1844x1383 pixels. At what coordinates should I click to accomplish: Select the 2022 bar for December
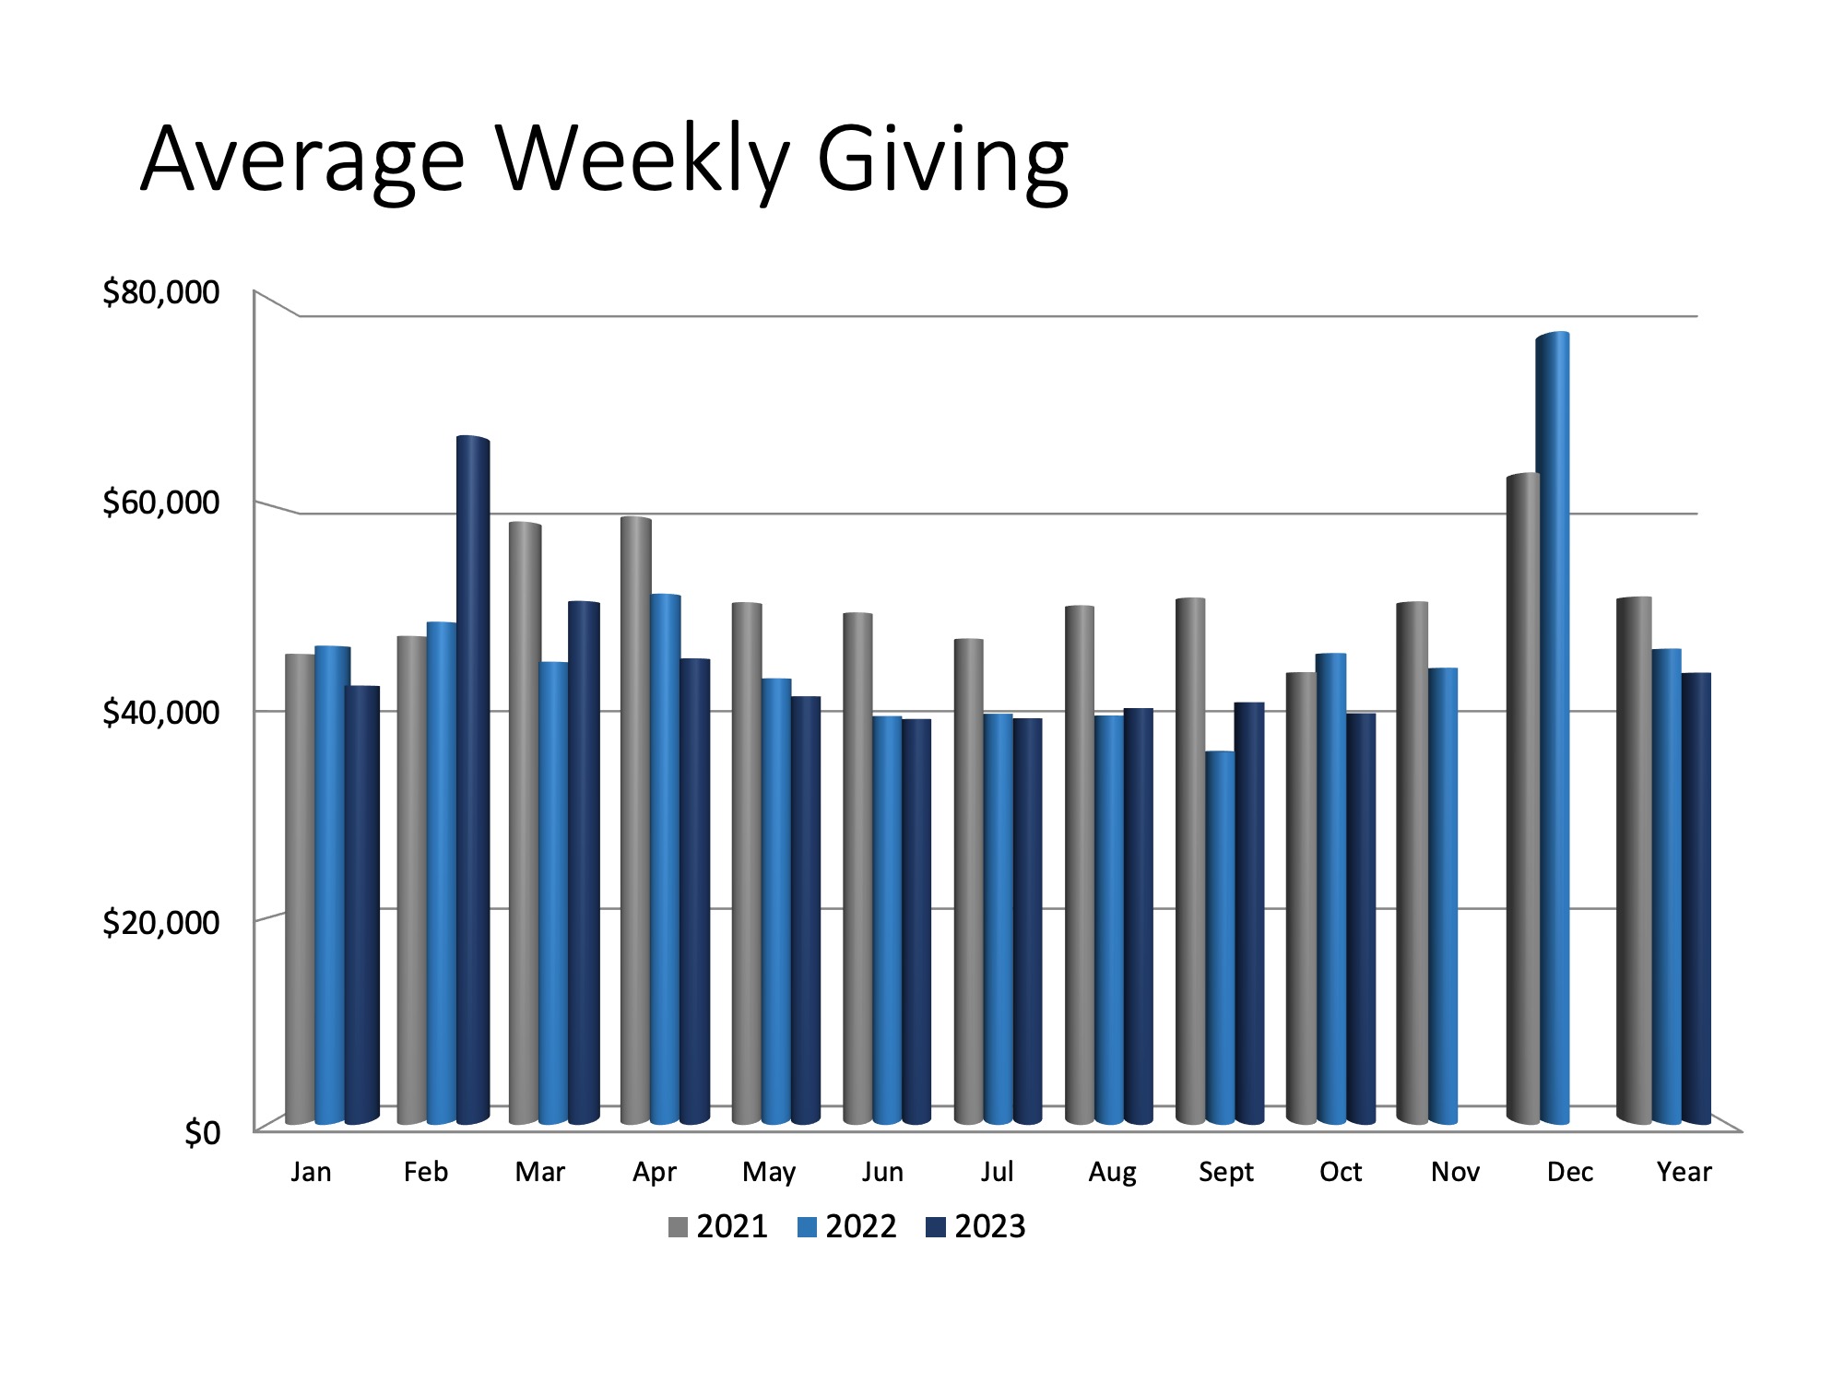pyautogui.click(x=1554, y=728)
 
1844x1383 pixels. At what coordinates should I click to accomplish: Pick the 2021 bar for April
pyautogui.click(x=635, y=821)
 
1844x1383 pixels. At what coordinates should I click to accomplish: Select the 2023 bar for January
pyautogui.click(x=362, y=904)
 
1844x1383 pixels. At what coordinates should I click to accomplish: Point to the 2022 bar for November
pyautogui.click(x=1443, y=894)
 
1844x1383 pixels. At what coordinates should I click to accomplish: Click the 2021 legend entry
pyautogui.click(x=719, y=1227)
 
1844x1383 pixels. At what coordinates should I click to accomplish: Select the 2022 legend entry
pyautogui.click(x=848, y=1227)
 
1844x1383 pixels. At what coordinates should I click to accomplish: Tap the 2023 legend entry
pyautogui.click(x=977, y=1227)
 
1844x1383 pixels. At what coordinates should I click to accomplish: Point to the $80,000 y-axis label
pyautogui.click(x=161, y=292)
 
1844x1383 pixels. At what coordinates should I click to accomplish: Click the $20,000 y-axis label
pyautogui.click(x=161, y=922)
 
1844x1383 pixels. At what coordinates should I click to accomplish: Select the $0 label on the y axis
pyautogui.click(x=202, y=1132)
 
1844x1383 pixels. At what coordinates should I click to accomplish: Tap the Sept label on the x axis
pyautogui.click(x=1226, y=1172)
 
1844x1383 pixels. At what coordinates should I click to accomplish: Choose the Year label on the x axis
pyautogui.click(x=1684, y=1172)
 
